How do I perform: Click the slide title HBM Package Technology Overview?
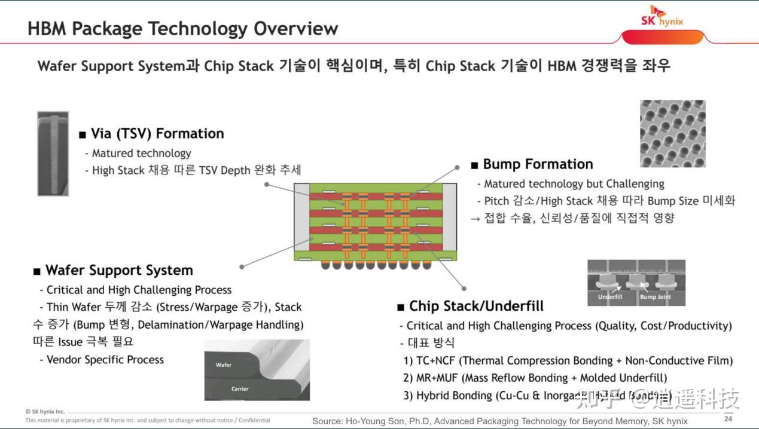183,28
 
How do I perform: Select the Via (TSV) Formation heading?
157,133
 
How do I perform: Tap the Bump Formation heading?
538,164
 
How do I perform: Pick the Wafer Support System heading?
119,270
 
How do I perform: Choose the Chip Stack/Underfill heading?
476,306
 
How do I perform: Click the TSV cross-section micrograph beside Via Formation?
53,154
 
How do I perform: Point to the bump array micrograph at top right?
672,133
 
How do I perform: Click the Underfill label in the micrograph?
609,297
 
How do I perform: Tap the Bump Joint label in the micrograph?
655,297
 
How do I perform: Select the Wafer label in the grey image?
224,364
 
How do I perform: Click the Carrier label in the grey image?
239,388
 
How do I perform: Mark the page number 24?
728,418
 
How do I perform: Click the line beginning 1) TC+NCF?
568,360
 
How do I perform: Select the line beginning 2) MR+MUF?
535,378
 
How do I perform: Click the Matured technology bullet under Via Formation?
141,153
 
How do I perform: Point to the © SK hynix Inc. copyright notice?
45,412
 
